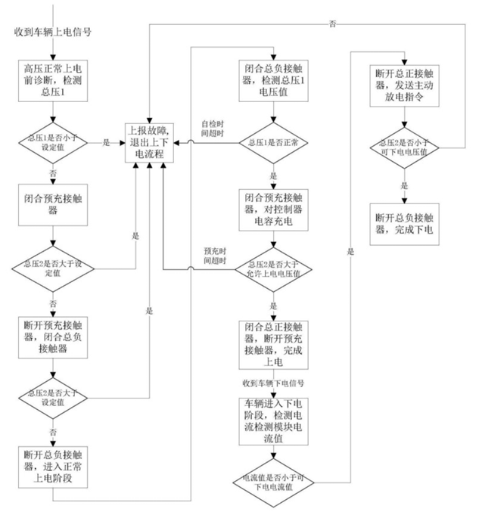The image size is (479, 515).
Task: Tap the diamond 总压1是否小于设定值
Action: (51, 141)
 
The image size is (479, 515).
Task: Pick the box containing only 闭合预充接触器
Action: (51, 206)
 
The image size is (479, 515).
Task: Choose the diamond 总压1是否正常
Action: (274, 142)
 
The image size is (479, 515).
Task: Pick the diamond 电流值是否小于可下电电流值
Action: (274, 482)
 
